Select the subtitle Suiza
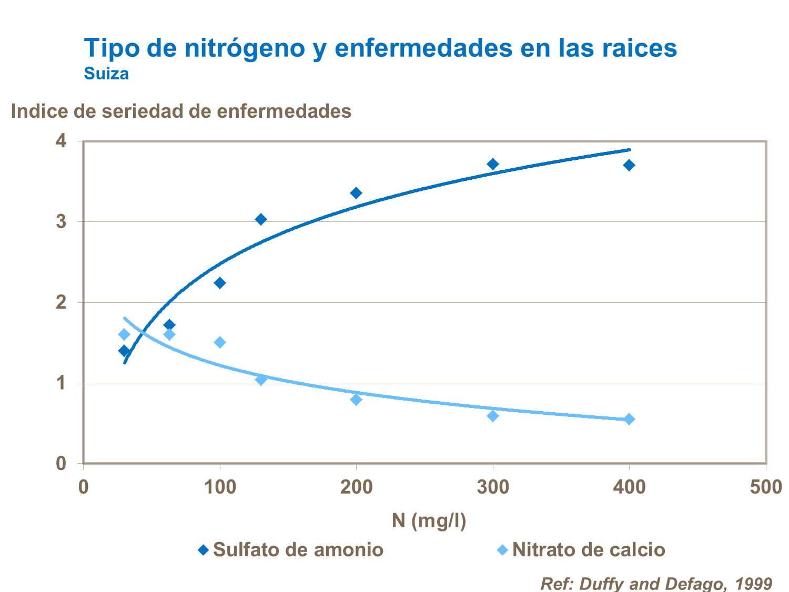106,74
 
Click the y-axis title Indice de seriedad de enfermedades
181,111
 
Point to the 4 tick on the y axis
62,141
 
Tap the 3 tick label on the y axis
62,221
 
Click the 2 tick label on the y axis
62,302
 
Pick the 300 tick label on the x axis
493,487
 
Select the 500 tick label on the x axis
766,487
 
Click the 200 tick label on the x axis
356,487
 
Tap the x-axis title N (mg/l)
429,520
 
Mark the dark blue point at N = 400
629,165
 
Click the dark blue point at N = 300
493,164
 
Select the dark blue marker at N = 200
356,193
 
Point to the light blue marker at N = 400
629,419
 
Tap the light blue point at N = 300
493,416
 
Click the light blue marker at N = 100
220,342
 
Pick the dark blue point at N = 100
220,283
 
